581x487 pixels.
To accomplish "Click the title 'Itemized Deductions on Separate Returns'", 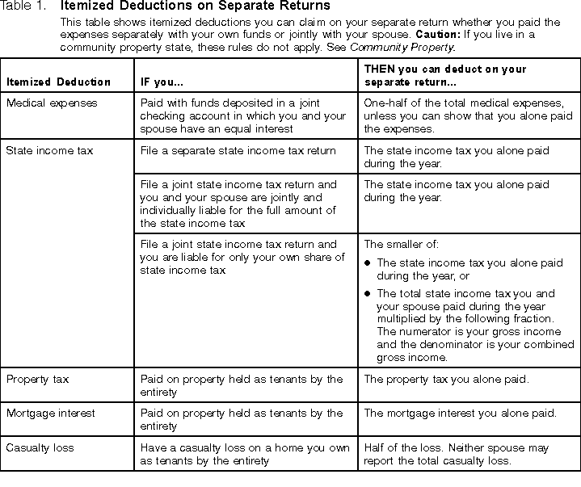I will pyautogui.click(x=195, y=6).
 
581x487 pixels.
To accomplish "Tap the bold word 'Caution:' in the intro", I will pyautogui.click(x=437, y=36).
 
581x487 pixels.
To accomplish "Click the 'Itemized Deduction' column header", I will pyautogui.click(x=59, y=82).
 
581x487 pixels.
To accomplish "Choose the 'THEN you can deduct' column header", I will pyautogui.click(x=445, y=76).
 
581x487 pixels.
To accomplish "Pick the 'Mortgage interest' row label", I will pyautogui.click(x=51, y=413).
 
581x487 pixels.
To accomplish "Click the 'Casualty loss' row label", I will pyautogui.click(x=40, y=447).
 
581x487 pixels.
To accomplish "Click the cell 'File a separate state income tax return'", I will pyautogui.click(x=238, y=151).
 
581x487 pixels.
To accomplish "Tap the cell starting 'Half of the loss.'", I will pyautogui.click(x=457, y=454).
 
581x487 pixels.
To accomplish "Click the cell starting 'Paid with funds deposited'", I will pyautogui.click(x=242, y=115).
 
